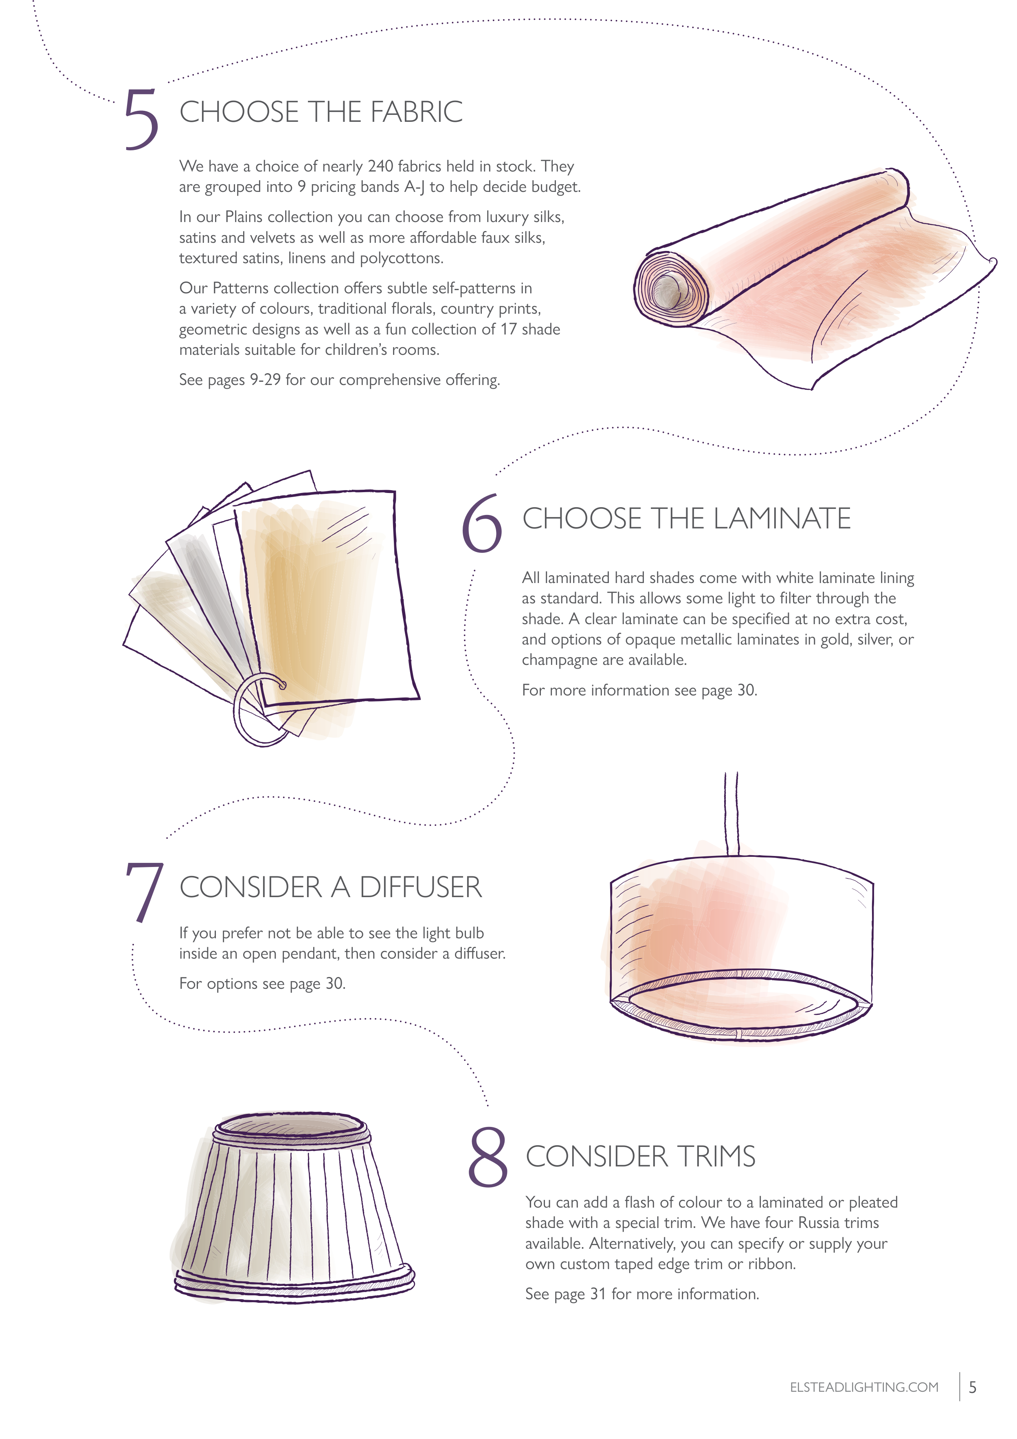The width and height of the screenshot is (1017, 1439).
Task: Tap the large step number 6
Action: coord(482,524)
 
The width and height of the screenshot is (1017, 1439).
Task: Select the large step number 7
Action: coord(144,893)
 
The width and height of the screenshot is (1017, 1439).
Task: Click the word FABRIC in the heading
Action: coord(416,112)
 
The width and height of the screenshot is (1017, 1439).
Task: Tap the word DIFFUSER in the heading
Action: coord(420,887)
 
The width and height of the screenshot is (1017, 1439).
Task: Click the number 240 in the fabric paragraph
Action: coord(380,167)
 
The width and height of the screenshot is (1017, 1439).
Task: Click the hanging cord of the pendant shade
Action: coord(732,814)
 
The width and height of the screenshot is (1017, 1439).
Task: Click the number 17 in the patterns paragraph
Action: coord(508,330)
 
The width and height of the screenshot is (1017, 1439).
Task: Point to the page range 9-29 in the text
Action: coord(265,380)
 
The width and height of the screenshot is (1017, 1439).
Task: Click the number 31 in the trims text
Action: coord(598,1294)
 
